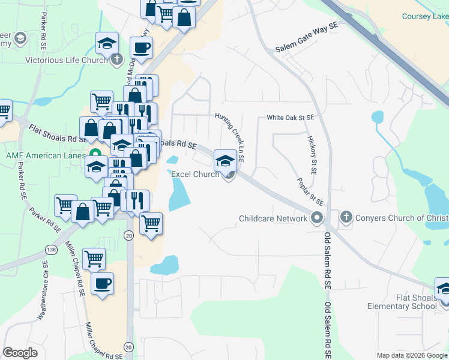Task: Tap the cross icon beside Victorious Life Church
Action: pyautogui.click(x=116, y=60)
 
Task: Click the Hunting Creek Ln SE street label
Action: pyautogui.click(x=234, y=140)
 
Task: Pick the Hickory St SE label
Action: pyautogui.click(x=312, y=150)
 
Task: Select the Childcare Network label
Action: pyautogui.click(x=273, y=218)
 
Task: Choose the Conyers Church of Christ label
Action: pyautogui.click(x=402, y=218)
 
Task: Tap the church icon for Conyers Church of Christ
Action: pyautogui.click(x=346, y=218)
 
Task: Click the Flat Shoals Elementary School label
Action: pyautogui.click(x=403, y=302)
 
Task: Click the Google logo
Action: pyautogui.click(x=20, y=353)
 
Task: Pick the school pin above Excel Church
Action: pyautogui.click(x=225, y=160)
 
